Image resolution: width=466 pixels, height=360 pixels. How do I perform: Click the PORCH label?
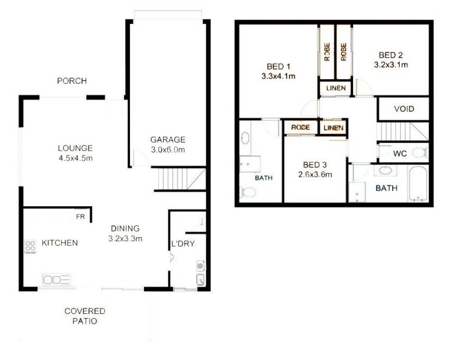tap(72, 81)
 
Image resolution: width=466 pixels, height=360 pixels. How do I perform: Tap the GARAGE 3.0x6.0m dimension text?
tap(168, 150)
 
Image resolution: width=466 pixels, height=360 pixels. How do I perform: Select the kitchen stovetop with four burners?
tap(30, 246)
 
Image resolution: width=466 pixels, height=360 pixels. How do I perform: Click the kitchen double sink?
tap(57, 280)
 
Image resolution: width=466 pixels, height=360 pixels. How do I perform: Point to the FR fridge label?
tap(80, 217)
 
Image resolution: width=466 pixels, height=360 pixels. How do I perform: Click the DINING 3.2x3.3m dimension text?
tap(125, 238)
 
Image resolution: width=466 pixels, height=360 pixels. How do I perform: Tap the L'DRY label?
tap(183, 243)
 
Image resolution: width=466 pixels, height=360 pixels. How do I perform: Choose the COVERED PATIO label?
tap(85, 316)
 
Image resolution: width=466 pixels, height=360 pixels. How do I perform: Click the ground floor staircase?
tap(180, 179)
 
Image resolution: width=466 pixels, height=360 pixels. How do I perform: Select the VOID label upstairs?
tap(404, 109)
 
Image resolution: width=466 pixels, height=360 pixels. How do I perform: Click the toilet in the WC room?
tap(420, 153)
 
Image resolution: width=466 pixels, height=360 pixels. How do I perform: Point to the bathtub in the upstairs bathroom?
tap(418, 183)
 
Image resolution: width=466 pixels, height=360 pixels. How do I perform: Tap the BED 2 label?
tap(391, 55)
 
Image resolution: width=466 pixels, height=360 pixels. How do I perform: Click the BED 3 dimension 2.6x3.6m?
tap(315, 175)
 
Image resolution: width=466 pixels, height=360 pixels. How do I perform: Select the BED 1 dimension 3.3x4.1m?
tap(278, 76)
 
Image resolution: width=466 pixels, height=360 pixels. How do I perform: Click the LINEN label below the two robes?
tap(336, 88)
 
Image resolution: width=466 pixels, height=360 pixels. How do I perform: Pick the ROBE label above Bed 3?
tap(301, 127)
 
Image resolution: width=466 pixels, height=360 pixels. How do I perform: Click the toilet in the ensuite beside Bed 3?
tap(248, 192)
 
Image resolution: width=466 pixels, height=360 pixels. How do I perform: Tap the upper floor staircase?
tap(403, 131)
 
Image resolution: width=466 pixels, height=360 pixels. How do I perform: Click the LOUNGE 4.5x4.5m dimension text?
tap(76, 158)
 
